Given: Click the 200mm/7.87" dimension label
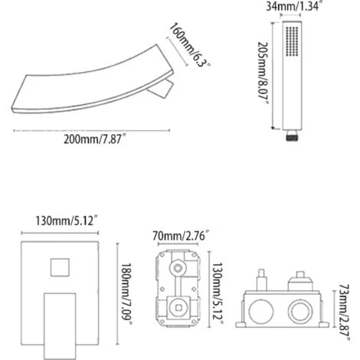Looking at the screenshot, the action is (95, 139).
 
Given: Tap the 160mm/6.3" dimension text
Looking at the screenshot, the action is (189, 45).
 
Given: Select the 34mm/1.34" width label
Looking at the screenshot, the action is (293, 6).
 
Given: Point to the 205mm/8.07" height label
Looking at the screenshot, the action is (263, 74).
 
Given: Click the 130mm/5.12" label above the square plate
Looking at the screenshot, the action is (67, 221).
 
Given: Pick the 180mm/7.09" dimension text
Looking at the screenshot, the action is (126, 294).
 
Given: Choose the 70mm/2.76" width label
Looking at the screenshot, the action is (182, 236).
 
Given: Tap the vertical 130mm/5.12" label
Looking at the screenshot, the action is (218, 293).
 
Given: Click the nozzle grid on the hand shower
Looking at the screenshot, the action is (292, 41).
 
